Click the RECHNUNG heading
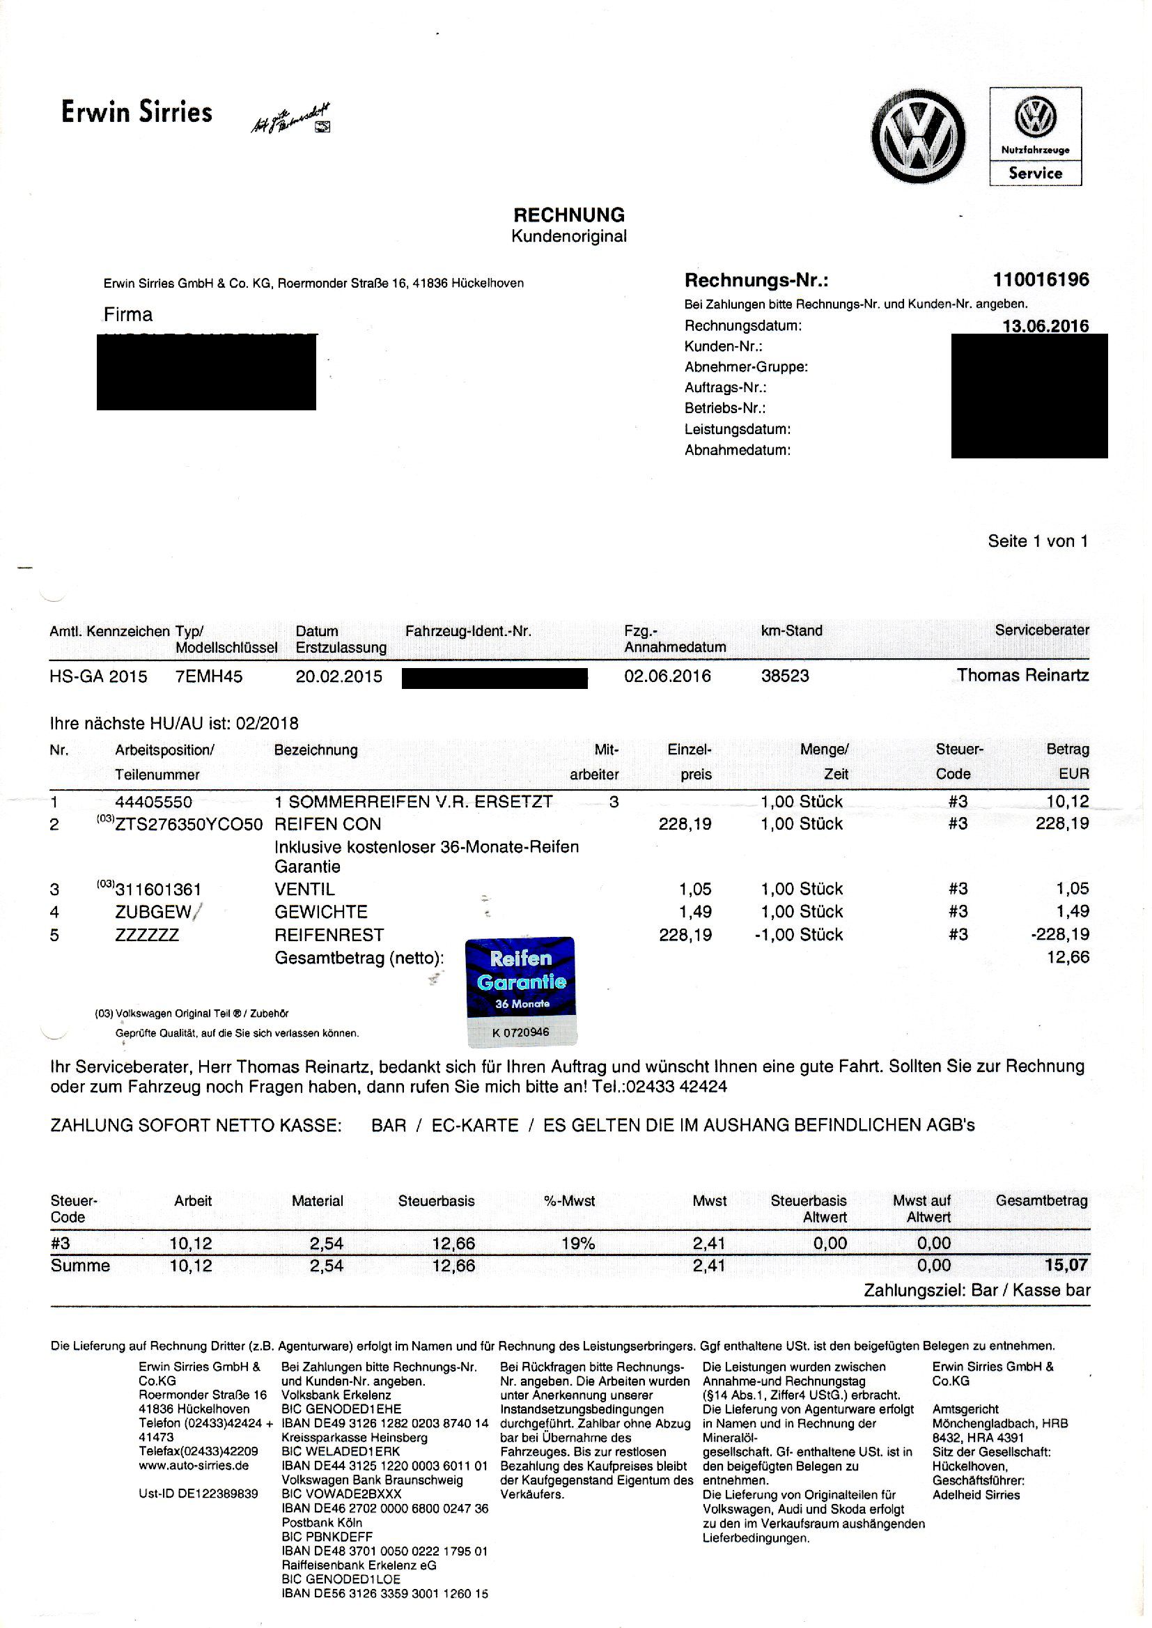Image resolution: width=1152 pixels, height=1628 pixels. pos(569,215)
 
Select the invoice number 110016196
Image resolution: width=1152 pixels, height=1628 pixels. pos(1041,279)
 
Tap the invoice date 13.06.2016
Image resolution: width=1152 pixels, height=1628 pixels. pos(1045,326)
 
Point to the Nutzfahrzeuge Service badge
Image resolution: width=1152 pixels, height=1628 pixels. pos(1035,137)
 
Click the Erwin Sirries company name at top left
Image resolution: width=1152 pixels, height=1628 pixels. pos(137,112)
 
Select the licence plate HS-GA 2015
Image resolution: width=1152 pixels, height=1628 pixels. pos(99,676)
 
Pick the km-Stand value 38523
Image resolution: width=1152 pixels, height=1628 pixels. pos(784,675)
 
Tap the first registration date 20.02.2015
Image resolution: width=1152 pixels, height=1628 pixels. pos(339,676)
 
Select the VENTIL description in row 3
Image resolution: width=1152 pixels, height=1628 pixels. pos(304,889)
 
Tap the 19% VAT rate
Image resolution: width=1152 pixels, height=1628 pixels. pos(578,1243)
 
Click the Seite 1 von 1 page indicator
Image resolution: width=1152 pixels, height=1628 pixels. pos(1038,541)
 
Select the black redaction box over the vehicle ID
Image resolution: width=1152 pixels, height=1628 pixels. pos(495,678)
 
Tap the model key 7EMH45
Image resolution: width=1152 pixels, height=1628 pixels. pos(208,676)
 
